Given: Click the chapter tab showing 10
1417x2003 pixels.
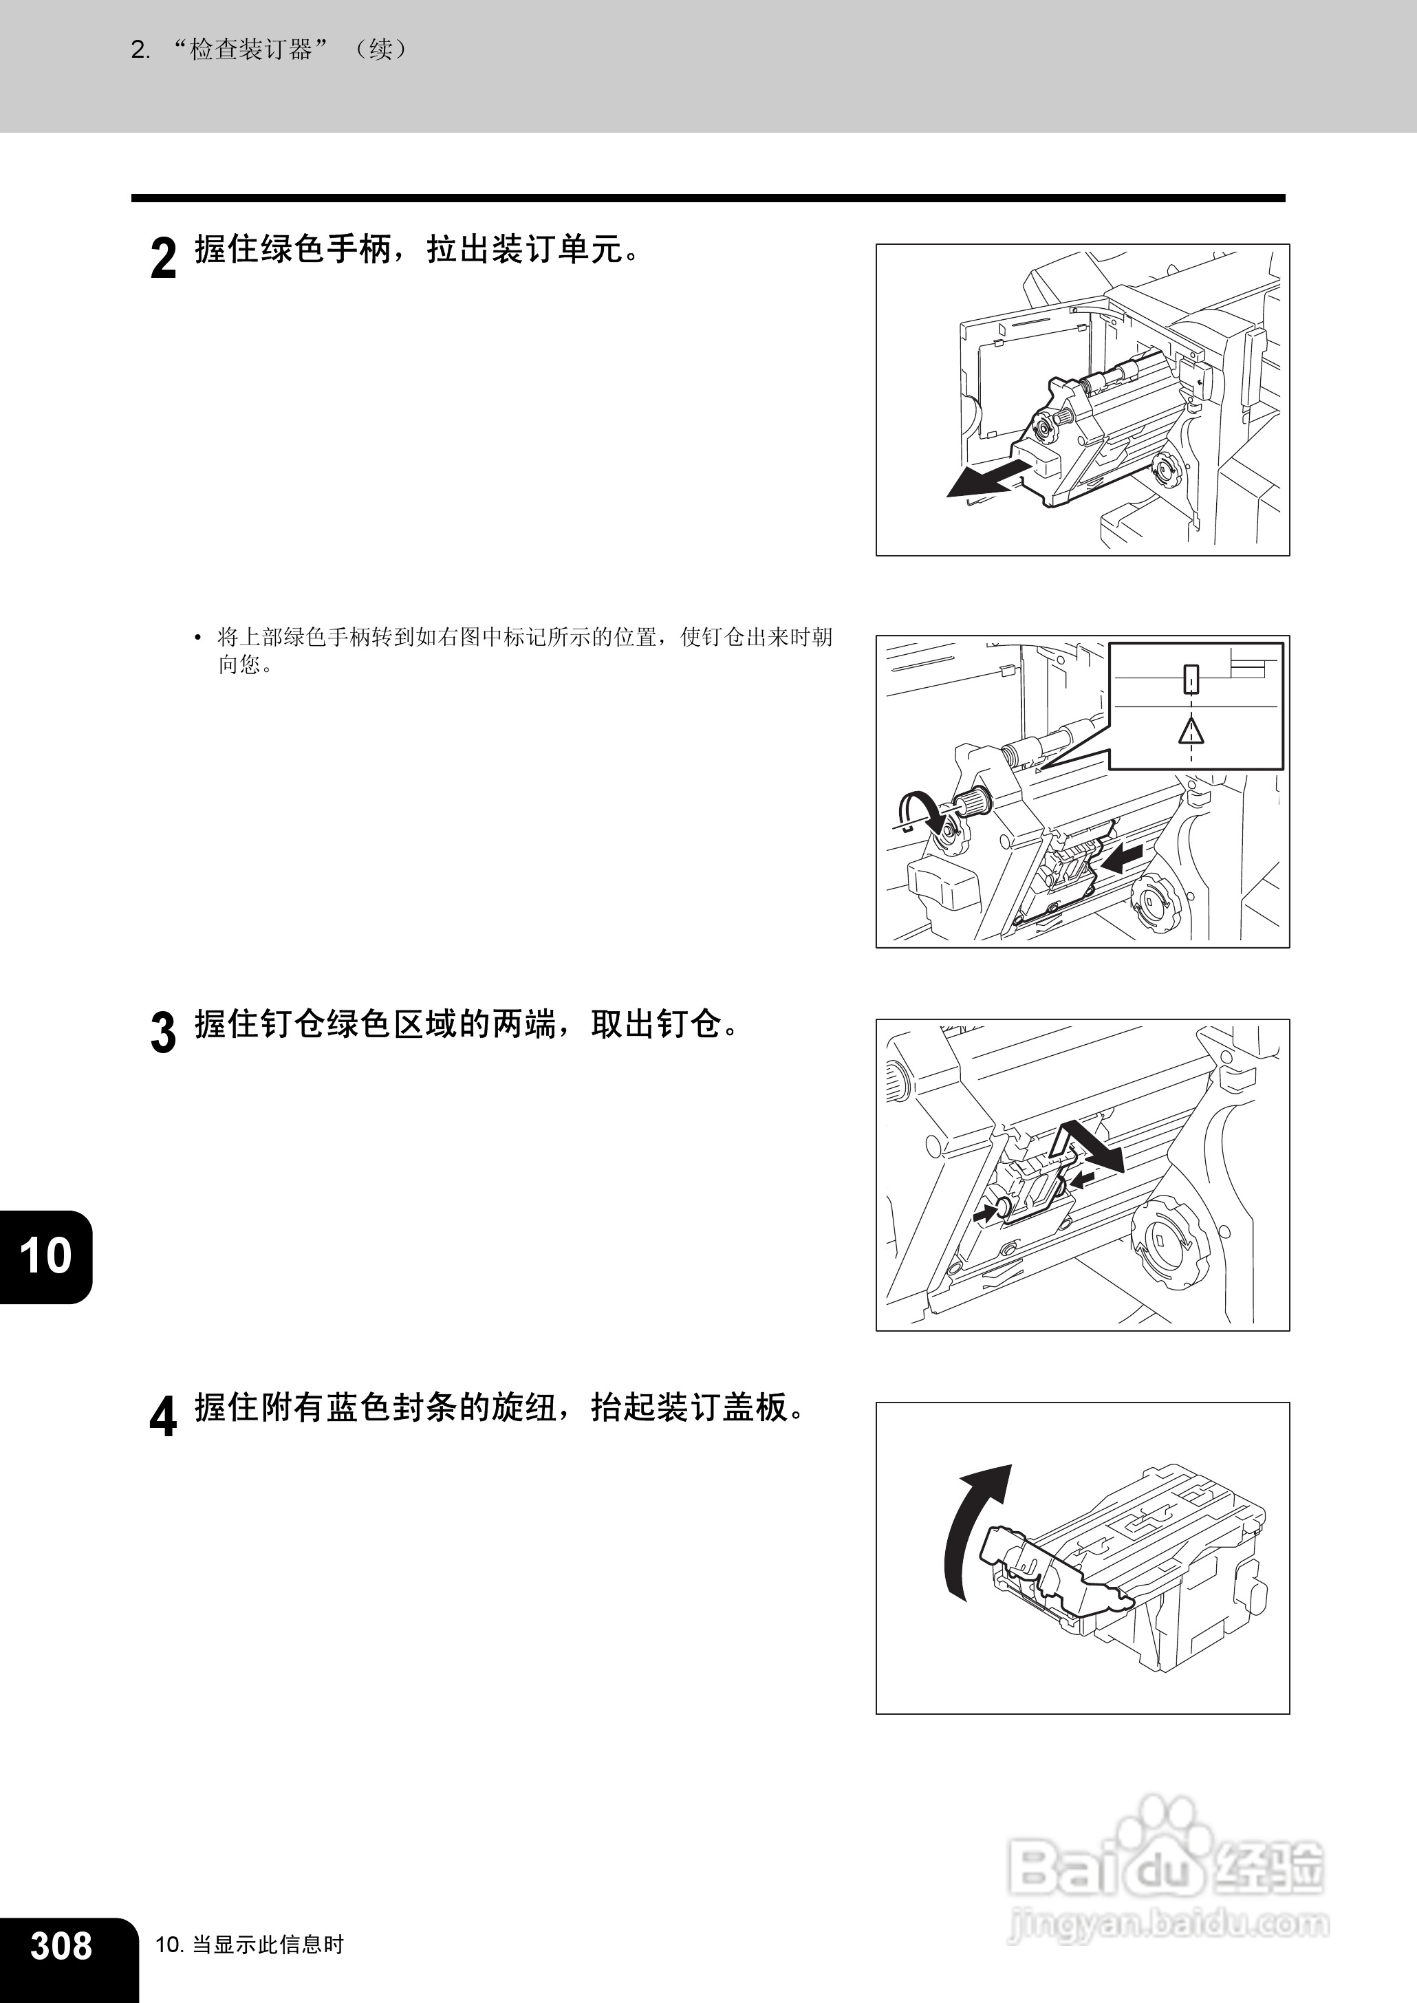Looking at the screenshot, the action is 45,1256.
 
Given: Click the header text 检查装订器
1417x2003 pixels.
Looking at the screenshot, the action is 251,50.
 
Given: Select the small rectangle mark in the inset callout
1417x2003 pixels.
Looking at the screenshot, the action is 1191,680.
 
